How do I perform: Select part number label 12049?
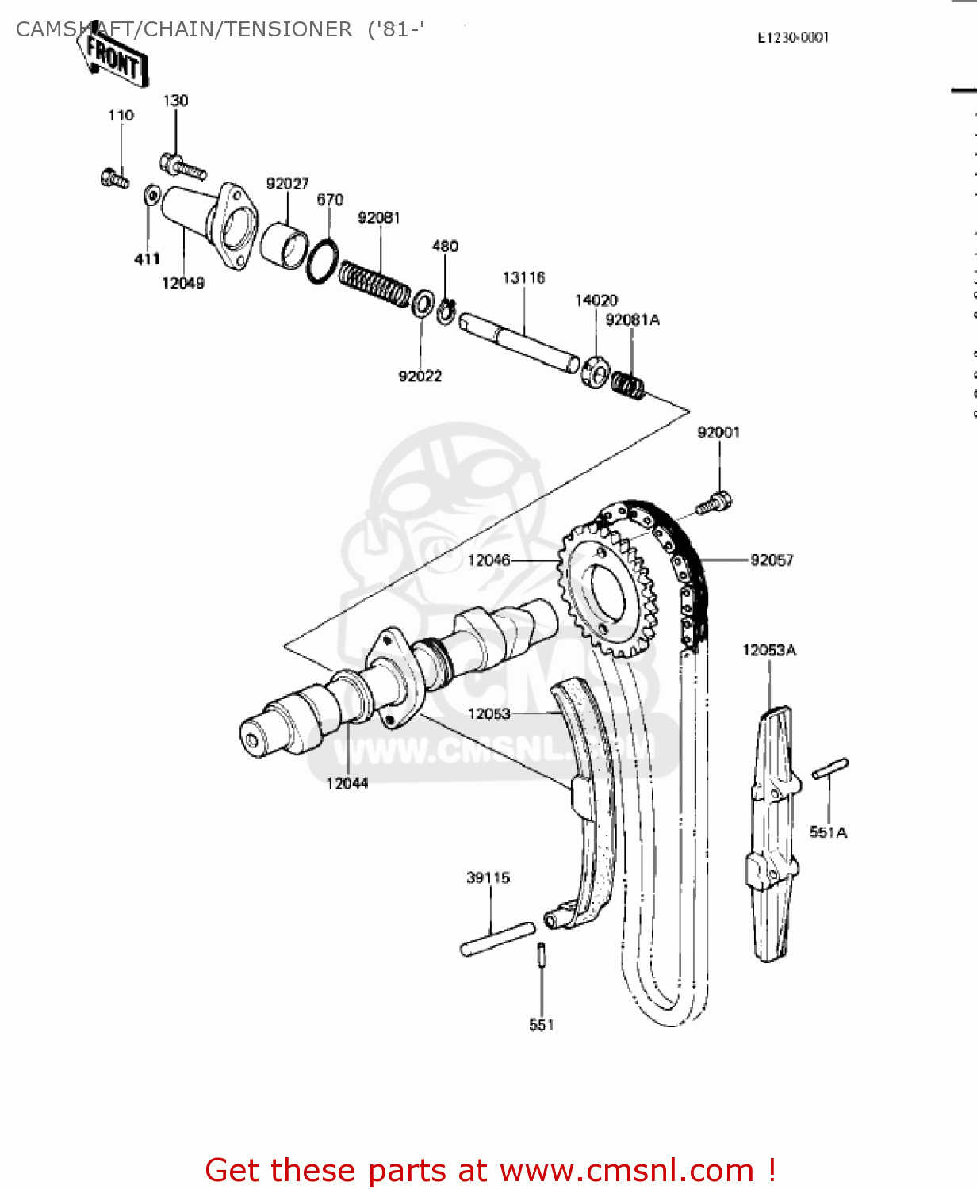(183, 283)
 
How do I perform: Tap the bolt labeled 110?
(116, 178)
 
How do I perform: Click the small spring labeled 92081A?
(627, 385)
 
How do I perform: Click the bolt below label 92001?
(714, 503)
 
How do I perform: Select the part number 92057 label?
(772, 560)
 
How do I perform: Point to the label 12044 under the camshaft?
(347, 783)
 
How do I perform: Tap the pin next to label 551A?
(830, 767)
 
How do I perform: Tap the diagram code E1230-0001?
(793, 37)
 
